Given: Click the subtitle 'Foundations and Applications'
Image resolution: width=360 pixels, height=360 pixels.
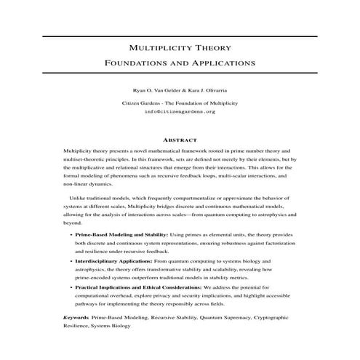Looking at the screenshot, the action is click(180, 63).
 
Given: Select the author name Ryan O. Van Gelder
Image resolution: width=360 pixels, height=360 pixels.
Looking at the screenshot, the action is click(152, 92).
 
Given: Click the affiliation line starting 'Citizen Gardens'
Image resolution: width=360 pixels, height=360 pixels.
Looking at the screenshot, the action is click(180, 103).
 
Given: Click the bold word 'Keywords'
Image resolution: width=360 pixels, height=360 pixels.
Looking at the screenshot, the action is click(76, 318).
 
